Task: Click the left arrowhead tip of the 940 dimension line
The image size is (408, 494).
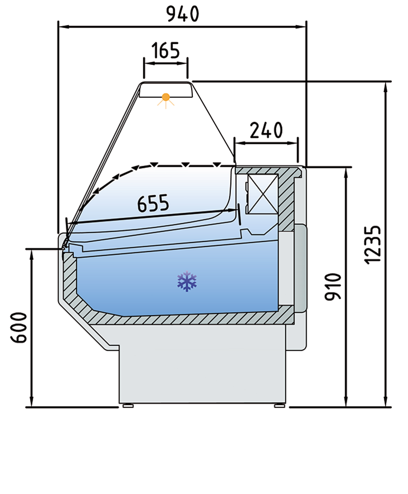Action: pos(59,27)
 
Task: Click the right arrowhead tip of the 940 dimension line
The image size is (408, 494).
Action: pos(306,27)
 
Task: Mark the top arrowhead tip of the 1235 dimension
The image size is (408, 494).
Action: pos(385,82)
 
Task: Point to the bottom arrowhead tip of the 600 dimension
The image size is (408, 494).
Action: pos(31,407)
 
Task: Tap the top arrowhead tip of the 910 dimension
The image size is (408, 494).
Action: pos(346,167)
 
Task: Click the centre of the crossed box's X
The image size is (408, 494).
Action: pos(262,194)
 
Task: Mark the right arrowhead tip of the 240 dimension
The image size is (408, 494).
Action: pos(297,143)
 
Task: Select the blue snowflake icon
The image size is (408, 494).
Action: pos(187,281)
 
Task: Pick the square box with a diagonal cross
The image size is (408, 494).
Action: pos(262,194)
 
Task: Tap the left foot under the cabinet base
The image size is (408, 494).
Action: pos(128,406)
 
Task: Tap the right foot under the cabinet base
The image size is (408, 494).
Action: pos(279,406)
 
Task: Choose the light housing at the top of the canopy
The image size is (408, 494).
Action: pos(166,90)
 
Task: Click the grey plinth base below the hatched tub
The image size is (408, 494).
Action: pos(202,364)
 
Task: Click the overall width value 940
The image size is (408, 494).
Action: pos(183,14)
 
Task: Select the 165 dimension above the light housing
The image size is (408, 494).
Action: pos(165,50)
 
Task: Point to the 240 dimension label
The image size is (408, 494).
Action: pos(266,130)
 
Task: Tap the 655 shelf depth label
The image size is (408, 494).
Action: pos(154,203)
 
